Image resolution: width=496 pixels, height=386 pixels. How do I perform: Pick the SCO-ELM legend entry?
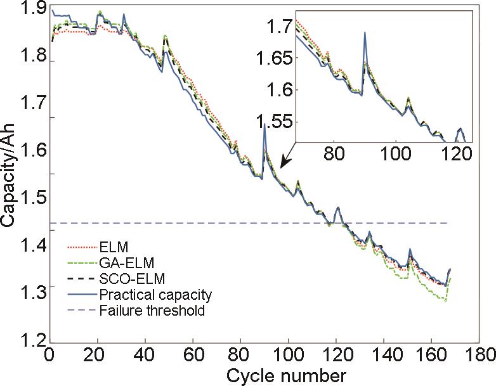tap(127, 278)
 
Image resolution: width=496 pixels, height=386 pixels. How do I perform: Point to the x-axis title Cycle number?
tap(289, 374)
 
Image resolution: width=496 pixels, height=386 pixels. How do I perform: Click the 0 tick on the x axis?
tap(49, 354)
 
